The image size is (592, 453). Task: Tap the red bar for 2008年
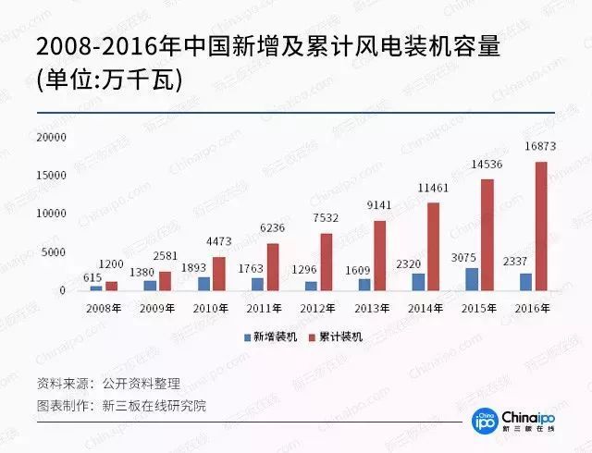[x=112, y=286]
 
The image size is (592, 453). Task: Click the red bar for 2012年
[x=327, y=262]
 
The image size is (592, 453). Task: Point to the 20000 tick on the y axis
[x=51, y=137]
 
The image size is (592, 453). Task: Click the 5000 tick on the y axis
[x=55, y=252]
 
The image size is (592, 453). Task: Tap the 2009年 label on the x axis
[x=157, y=307]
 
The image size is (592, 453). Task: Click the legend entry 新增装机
[x=272, y=337]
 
